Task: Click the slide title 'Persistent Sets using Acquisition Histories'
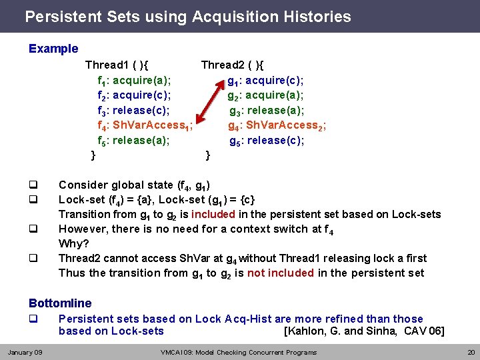point(187,16)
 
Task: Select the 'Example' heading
point(53,49)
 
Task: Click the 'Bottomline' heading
point(60,303)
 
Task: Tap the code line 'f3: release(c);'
point(133,111)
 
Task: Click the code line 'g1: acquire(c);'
point(265,81)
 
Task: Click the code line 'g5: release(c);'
point(267,141)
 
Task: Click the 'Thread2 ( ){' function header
point(233,65)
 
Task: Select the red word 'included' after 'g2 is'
point(213,214)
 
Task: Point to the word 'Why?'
point(74,243)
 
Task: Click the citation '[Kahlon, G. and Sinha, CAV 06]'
point(364,331)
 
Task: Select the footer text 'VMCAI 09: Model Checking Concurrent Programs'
point(239,352)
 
